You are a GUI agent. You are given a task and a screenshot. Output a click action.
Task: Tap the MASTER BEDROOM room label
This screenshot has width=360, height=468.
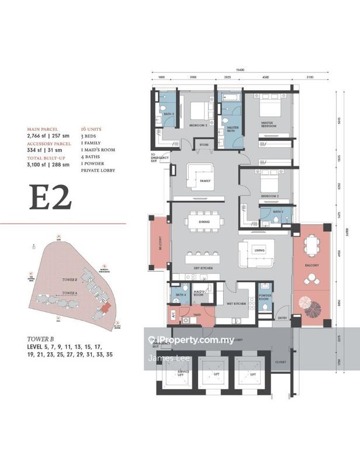[x=269, y=124]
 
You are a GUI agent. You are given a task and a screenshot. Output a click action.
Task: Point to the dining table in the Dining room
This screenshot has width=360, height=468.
[x=204, y=223]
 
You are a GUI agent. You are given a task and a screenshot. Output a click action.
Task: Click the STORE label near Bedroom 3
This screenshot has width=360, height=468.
[x=204, y=144]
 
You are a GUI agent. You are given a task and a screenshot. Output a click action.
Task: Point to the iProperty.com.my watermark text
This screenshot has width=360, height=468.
[x=196, y=340]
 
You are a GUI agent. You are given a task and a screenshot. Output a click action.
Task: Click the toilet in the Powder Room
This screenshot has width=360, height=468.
[x=265, y=286]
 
